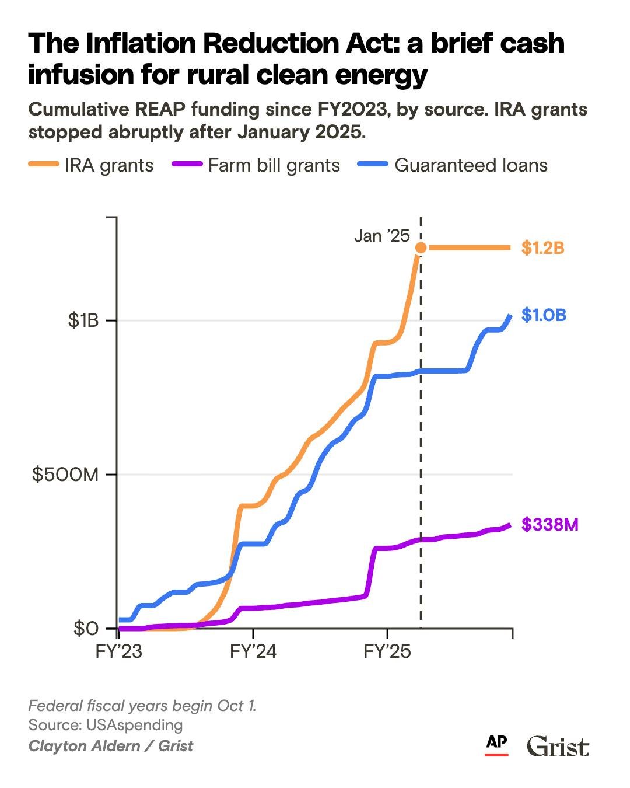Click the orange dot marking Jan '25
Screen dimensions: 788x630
[421, 248]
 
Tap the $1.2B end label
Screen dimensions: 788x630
[542, 248]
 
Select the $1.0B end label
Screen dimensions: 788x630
[544, 315]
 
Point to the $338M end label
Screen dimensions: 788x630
[549, 525]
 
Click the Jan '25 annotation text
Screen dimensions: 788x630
[382, 236]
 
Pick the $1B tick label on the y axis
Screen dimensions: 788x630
[83, 320]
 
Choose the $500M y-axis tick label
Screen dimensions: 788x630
[65, 475]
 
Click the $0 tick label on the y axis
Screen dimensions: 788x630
[86, 629]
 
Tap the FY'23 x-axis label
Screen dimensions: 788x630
[119, 651]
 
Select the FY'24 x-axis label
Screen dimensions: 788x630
[253, 651]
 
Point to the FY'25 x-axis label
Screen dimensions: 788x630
[387, 651]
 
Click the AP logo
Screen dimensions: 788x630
[496, 744]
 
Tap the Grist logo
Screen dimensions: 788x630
[558, 747]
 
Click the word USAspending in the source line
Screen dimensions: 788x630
[135, 725]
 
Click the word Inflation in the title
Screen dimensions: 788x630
[138, 44]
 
